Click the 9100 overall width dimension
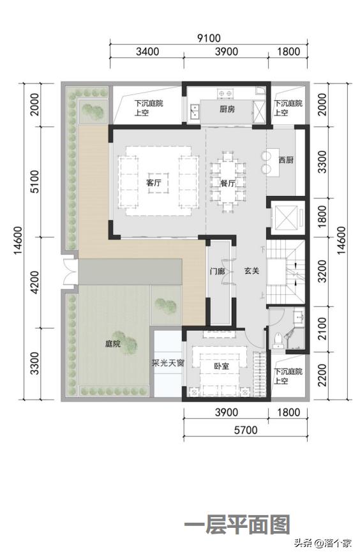[x=209, y=38]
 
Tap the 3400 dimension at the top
[x=147, y=52]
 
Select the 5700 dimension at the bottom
[x=246, y=430]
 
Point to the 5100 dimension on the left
[x=35, y=181]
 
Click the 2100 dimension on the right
[x=322, y=329]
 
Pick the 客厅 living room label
[x=154, y=183]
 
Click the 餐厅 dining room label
[x=227, y=183]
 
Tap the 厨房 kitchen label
[x=227, y=109]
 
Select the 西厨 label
[x=286, y=160]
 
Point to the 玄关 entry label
[x=251, y=271]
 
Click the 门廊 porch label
[x=217, y=271]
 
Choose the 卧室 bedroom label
[x=221, y=366]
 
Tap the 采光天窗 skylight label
[x=168, y=363]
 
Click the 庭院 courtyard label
[x=113, y=343]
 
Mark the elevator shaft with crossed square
[x=286, y=216]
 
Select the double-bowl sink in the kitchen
[x=195, y=111]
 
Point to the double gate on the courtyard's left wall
[x=70, y=272]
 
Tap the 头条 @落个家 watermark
[x=323, y=543]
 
